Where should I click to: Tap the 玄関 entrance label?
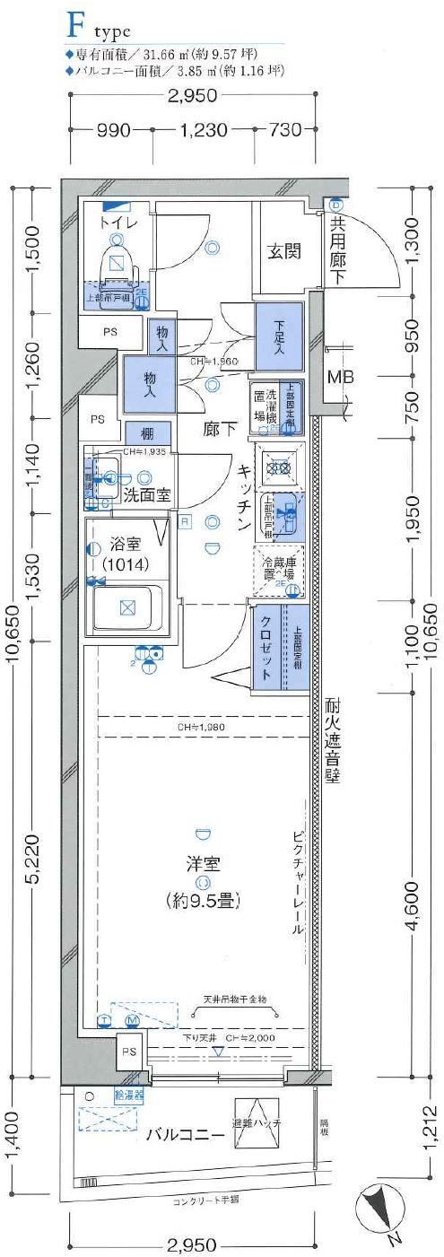(283, 251)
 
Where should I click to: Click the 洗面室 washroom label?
(148, 495)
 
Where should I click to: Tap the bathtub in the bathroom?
(126, 607)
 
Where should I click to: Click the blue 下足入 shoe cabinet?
(279, 338)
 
